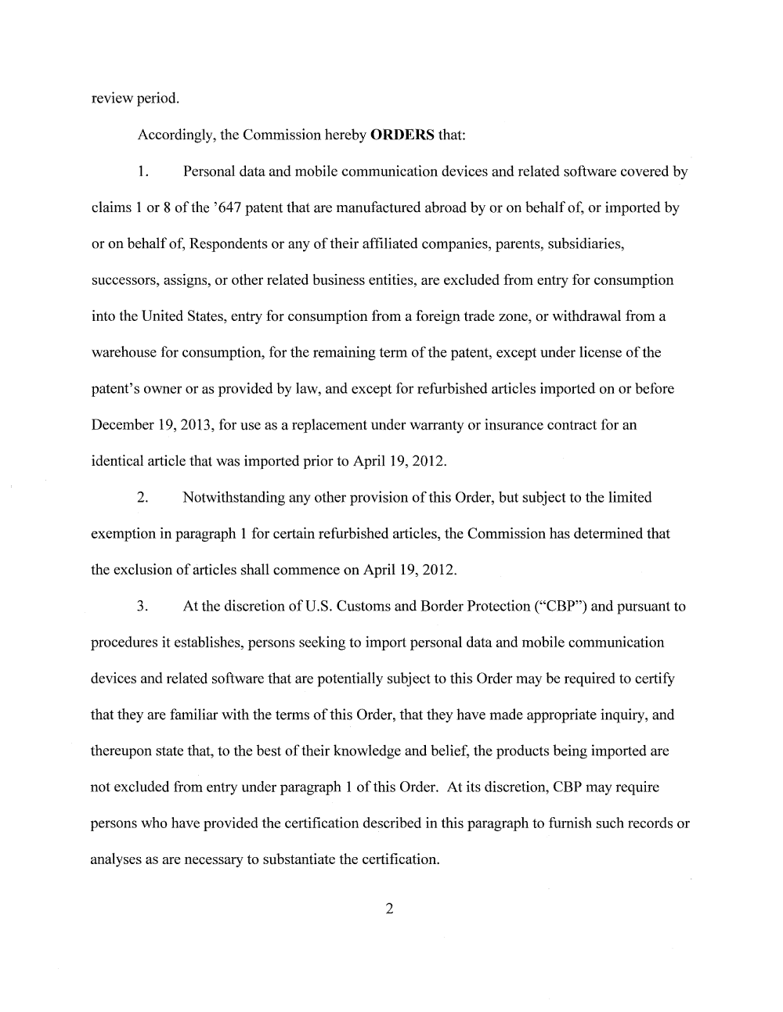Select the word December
pyautogui.click(x=123, y=425)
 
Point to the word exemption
pyautogui.click(x=123, y=534)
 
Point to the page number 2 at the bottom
pyautogui.click(x=389, y=909)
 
